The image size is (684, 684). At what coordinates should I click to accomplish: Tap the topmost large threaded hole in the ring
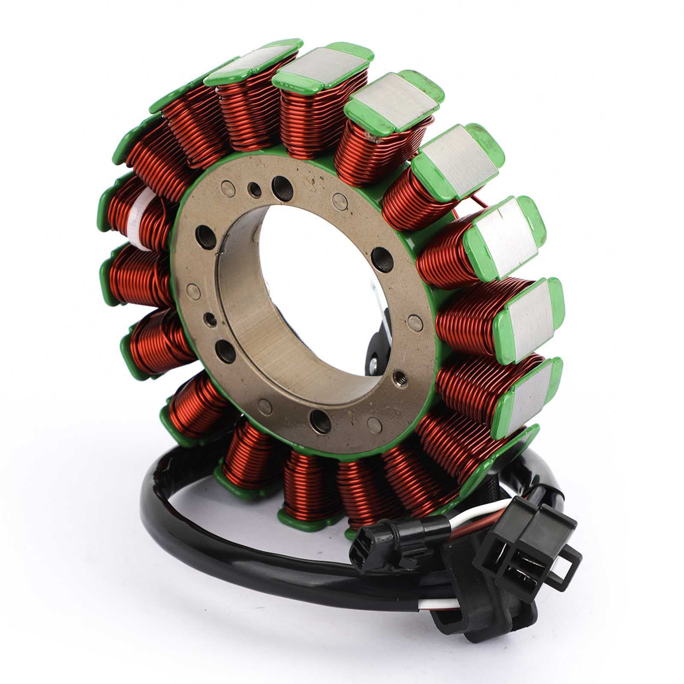tap(280, 184)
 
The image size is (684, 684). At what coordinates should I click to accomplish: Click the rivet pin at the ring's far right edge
tap(414, 321)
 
